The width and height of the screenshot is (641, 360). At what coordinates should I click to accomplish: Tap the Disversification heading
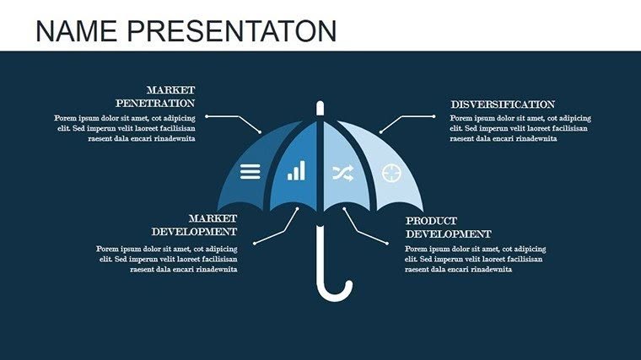[x=503, y=104]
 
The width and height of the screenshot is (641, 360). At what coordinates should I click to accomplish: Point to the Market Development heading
[x=194, y=224]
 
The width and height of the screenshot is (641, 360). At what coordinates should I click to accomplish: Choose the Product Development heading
[x=448, y=227]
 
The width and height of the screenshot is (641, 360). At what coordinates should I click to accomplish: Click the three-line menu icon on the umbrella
[x=250, y=172]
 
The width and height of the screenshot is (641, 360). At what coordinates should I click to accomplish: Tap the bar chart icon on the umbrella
[x=296, y=172]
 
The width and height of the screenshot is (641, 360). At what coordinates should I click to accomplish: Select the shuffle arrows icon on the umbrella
[x=342, y=173]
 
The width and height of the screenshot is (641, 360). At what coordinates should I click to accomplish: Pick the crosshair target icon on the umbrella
[x=391, y=173]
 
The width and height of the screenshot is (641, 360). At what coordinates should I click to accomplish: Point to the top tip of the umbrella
[x=320, y=105]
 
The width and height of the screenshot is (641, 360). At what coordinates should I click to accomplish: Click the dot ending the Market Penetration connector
[x=207, y=116]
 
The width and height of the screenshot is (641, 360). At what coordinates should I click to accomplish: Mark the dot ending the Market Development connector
[x=254, y=243]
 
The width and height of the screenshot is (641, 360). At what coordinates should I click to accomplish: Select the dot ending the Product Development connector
[x=387, y=243]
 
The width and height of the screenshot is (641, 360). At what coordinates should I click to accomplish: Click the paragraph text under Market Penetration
[x=125, y=128]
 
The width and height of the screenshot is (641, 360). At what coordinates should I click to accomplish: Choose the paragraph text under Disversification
[x=520, y=128]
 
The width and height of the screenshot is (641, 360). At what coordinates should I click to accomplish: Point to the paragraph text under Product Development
[x=475, y=260]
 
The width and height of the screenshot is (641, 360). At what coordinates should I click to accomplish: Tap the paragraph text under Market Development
[x=167, y=260]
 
